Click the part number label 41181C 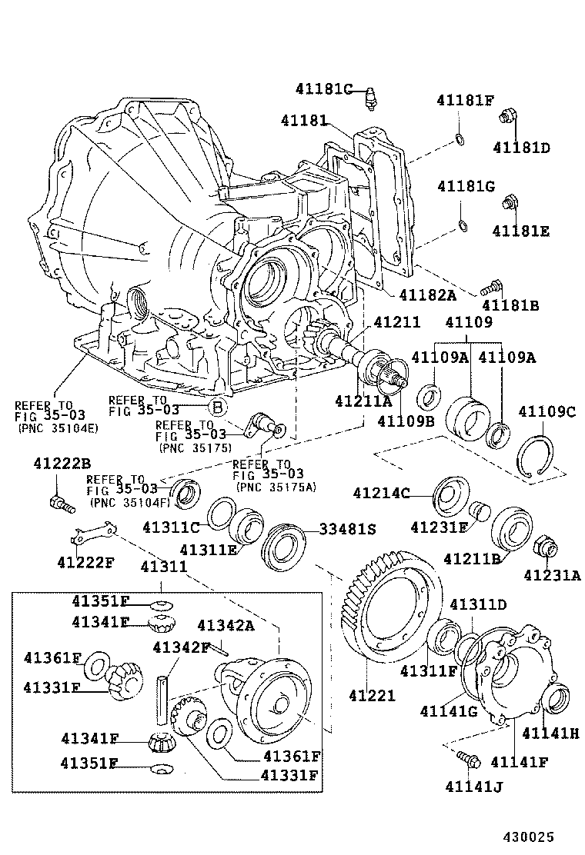(323, 89)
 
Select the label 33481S (348, 530)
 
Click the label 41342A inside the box (226, 625)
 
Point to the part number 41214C (381, 493)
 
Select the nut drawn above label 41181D (508, 118)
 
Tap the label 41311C (171, 527)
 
